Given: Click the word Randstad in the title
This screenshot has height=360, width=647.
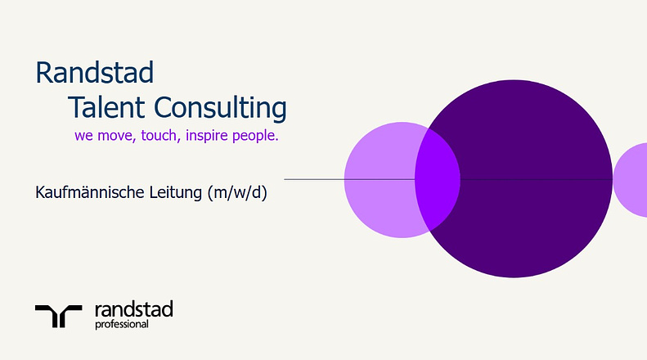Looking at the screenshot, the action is pos(95,72).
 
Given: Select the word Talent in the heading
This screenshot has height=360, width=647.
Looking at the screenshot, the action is pos(106,107).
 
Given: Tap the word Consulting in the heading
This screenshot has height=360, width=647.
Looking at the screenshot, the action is pos(220,108).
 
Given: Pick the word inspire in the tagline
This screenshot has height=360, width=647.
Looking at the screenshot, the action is pos(207,136).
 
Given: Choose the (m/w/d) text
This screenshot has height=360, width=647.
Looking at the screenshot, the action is pos(237,193).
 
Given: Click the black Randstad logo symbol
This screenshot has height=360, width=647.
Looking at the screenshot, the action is pos(59,317).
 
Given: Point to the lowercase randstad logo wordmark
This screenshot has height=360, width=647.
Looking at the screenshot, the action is pos(133,309).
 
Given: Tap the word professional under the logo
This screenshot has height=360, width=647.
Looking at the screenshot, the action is pos(122,325).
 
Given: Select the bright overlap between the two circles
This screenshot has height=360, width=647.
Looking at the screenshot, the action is pos(438,179).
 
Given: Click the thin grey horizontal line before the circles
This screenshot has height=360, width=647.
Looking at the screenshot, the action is pos(349,179).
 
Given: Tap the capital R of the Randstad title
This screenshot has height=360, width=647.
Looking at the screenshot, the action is pos(44,73).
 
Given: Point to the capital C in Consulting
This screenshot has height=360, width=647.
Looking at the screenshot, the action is pos(164,107).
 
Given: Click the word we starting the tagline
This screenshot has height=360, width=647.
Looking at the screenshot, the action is pos(83,136).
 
